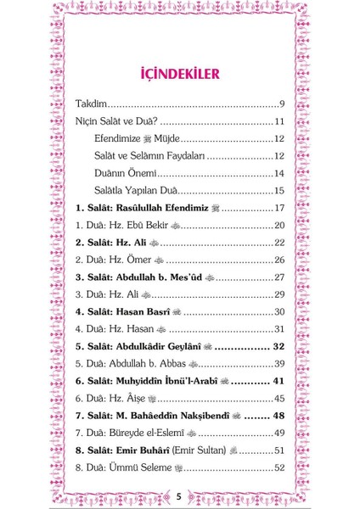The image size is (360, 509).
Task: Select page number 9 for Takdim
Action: click(281, 104)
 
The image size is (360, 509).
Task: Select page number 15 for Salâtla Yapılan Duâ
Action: click(279, 191)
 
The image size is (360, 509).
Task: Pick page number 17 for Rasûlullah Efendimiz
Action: click(279, 208)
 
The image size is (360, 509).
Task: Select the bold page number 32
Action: click(277, 346)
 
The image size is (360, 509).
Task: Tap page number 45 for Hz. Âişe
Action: click(279, 399)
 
